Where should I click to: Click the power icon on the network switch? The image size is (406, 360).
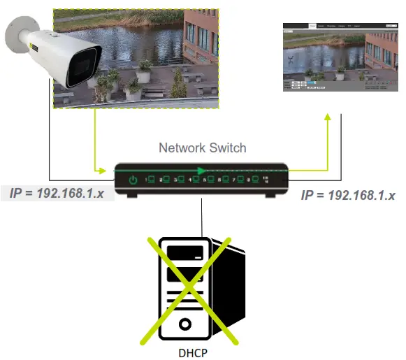tap(133, 182)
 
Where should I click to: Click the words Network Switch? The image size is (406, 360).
tap(202, 148)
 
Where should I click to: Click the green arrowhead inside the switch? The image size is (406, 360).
tap(203, 169)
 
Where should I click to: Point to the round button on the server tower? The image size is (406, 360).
tap(185, 324)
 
